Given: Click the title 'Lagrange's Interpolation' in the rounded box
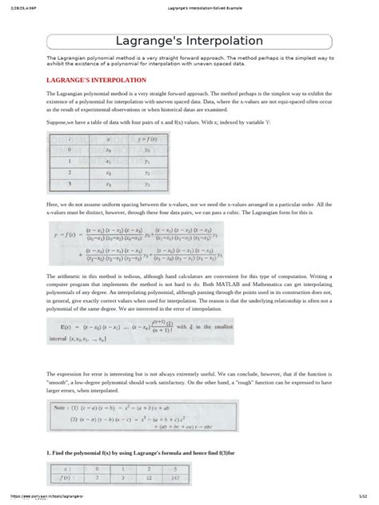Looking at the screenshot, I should pos(189,41).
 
